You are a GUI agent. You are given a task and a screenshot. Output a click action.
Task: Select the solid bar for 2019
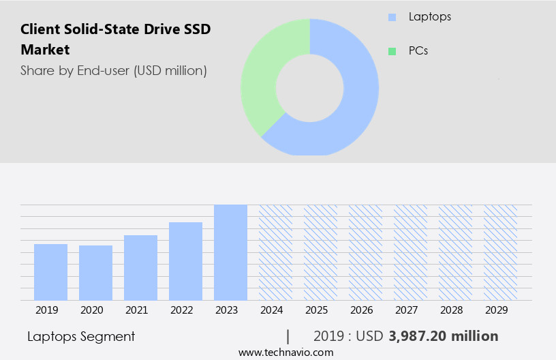pyautogui.click(x=50, y=272)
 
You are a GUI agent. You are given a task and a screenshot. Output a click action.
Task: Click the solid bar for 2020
pyautogui.click(x=95, y=273)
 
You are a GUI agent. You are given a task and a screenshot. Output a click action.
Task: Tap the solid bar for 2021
pyautogui.click(x=140, y=267)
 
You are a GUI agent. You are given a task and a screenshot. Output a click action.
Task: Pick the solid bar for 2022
pyautogui.click(x=185, y=261)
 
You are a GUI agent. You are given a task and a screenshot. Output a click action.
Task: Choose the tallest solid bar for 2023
pyautogui.click(x=230, y=252)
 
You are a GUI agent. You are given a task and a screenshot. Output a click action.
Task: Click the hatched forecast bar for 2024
pyautogui.click(x=275, y=252)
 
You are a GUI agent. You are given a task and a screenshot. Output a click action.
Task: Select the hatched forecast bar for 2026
pyautogui.click(x=365, y=252)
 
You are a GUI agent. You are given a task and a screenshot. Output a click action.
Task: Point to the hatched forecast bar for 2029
pyautogui.click(x=500, y=252)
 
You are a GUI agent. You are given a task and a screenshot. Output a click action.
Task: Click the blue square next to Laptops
pyautogui.click(x=391, y=16)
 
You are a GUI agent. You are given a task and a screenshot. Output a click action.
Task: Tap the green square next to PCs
pyautogui.click(x=391, y=51)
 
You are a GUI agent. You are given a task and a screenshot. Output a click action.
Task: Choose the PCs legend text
pyautogui.click(x=418, y=51)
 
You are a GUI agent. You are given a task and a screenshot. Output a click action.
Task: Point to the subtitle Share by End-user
pyautogui.click(x=113, y=70)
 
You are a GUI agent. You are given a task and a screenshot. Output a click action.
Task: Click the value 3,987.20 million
pyautogui.click(x=444, y=336)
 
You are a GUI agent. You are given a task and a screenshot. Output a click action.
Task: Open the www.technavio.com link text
pyautogui.click(x=285, y=352)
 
